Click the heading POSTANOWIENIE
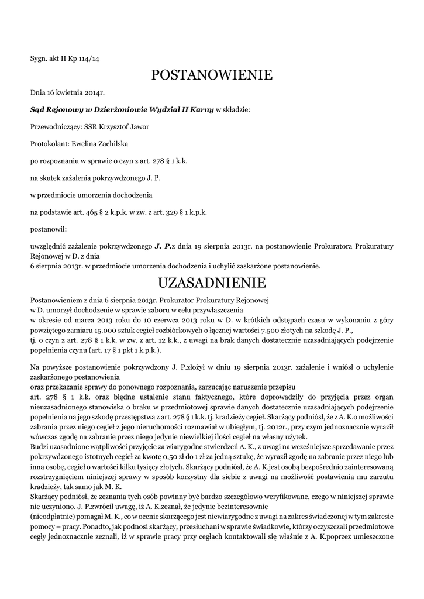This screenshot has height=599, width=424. tap(212, 75)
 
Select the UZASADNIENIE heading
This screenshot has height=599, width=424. tap(212, 284)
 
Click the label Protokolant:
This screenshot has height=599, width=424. tap(49, 143)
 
